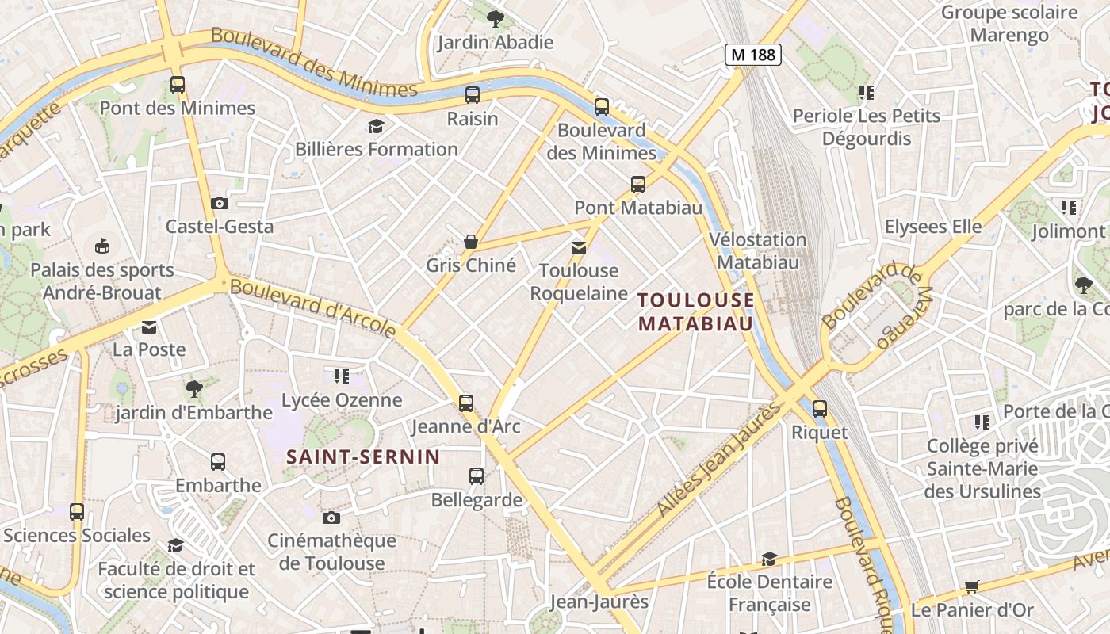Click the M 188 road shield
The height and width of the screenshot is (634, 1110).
pos(752,55)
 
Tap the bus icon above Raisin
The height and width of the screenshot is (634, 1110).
pos(473,95)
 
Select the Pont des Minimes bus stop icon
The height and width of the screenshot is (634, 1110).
pos(178,84)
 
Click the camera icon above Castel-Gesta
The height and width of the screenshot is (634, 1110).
pos(220,204)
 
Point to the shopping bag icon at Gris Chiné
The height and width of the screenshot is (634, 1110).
pos(471,241)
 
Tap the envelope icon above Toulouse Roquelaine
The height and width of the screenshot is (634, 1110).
pos(579,247)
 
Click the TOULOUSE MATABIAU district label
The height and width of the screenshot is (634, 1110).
pos(696,311)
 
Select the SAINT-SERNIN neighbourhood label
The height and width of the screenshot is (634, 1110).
pos(363,456)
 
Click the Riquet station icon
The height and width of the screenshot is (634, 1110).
pos(820,409)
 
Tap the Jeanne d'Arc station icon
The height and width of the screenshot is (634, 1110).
pos(466,403)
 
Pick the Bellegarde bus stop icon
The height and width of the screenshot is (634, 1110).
pos(477,476)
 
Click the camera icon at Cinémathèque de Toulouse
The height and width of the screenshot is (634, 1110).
pos(331,518)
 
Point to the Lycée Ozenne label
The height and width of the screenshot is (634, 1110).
pos(342,400)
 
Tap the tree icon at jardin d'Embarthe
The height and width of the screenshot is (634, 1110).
pos(193,388)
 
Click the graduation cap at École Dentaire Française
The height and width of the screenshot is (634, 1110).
pos(768,559)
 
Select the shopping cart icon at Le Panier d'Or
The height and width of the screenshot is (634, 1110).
pos(972,586)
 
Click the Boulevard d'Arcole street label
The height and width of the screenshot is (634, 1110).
pos(313,308)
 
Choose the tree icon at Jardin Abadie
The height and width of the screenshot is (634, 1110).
pos(495,17)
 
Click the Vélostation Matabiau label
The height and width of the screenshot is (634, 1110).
pos(757,250)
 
